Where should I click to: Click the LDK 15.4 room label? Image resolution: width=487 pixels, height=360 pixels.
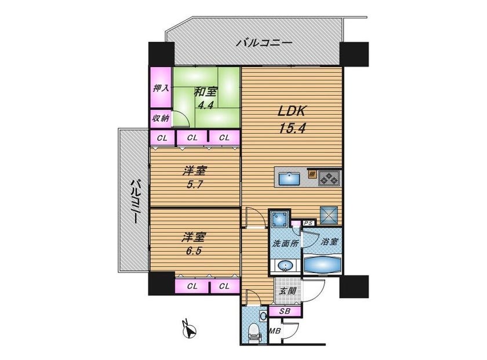(x=292, y=119)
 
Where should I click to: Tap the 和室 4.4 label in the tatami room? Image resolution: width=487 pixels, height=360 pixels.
(x=206, y=99)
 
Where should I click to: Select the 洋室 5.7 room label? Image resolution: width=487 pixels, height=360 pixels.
(x=195, y=177)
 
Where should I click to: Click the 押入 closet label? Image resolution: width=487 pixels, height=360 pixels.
(x=161, y=88)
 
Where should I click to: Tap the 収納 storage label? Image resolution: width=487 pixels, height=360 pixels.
(x=161, y=118)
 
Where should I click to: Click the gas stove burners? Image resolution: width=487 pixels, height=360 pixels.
(x=329, y=178)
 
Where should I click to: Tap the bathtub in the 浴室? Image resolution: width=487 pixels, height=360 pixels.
(x=322, y=264)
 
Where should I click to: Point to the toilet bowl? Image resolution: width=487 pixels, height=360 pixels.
(x=253, y=333)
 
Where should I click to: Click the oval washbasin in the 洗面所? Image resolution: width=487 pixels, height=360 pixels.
(x=285, y=266)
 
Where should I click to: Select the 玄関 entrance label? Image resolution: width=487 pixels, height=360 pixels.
(x=287, y=291)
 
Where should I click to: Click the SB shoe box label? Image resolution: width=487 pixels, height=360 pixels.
(x=285, y=311)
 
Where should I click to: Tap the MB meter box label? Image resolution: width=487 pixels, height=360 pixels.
(x=275, y=331)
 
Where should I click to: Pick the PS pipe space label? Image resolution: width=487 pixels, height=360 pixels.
(x=308, y=223)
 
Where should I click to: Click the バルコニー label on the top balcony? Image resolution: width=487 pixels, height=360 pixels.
(x=264, y=42)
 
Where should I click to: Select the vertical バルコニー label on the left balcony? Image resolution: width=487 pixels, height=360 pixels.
(x=134, y=201)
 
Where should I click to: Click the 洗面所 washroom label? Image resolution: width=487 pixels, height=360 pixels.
(x=285, y=243)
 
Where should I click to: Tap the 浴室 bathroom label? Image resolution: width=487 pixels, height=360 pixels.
(x=329, y=241)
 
